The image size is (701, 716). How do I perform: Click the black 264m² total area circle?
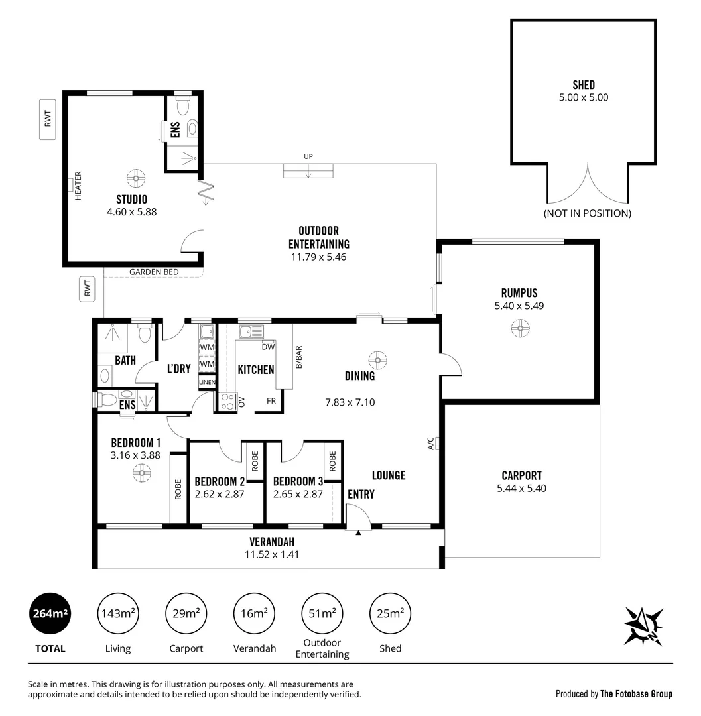[x=50, y=613]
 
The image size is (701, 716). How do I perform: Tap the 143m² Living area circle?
[x=118, y=613]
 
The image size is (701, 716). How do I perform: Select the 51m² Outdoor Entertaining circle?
[x=322, y=613]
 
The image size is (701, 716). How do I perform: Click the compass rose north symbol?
[x=643, y=625]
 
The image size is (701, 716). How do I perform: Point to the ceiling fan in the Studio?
[x=135, y=178]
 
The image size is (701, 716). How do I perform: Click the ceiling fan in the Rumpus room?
[x=520, y=328]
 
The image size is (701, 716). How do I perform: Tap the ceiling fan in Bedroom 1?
[x=141, y=472]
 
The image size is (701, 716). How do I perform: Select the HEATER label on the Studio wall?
[x=78, y=186]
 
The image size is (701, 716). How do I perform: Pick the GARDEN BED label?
[x=154, y=272]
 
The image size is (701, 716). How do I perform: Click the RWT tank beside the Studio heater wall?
[x=47, y=119]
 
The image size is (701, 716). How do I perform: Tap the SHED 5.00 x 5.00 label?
[x=584, y=91]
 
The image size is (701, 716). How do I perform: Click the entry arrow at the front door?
[x=357, y=532]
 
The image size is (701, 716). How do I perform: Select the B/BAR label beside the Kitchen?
[x=298, y=357]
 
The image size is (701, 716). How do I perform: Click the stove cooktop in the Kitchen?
[x=227, y=401]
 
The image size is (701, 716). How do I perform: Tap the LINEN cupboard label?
[x=206, y=383]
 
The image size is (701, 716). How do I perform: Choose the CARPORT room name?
[x=521, y=475]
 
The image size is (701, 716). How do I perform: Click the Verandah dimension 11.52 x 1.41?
[x=272, y=554]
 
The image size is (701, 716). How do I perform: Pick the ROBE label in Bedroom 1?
[x=178, y=489]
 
